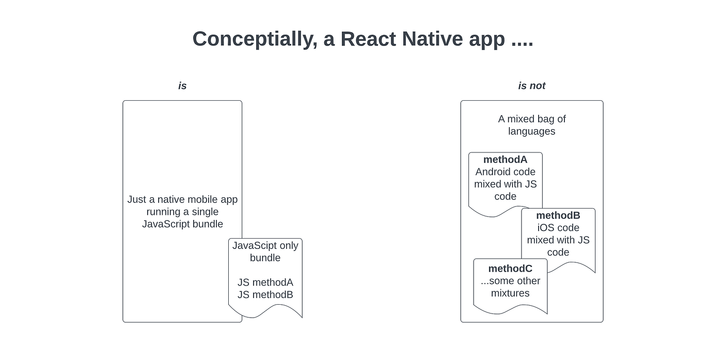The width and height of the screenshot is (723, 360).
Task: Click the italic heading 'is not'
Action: coord(531,86)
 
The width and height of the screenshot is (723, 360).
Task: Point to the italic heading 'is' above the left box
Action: coord(182,86)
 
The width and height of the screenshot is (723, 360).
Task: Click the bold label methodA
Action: coord(505,160)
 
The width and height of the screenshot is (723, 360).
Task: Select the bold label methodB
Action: coord(558,215)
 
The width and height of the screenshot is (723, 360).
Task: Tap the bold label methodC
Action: coord(510,269)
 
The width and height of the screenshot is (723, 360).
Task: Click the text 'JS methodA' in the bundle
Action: coord(265,283)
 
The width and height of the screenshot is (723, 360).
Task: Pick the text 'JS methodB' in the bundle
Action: coord(265,295)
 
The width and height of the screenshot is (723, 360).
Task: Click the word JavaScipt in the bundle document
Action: coord(254,245)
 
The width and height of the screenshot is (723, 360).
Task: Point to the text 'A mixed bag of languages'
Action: coord(531,125)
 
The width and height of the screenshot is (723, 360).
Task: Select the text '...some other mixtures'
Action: coord(510,287)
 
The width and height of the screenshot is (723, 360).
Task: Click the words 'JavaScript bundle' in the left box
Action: coord(182,224)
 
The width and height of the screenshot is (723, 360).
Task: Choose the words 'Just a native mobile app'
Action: coord(182,199)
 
